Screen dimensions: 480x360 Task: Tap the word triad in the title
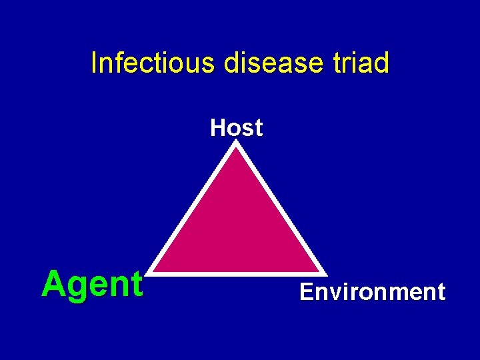361,63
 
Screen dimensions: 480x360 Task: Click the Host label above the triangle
237,127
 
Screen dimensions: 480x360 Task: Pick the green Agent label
92,285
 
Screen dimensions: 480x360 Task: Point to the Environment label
372,292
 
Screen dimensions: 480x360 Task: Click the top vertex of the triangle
237,144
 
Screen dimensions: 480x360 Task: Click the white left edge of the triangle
193,208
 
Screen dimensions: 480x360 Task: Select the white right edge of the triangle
281,208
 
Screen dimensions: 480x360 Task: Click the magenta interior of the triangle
237,227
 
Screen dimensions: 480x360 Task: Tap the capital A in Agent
53,284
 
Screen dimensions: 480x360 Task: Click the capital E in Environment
306,292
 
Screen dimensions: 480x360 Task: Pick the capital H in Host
217,127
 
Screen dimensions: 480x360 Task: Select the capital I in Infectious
94,63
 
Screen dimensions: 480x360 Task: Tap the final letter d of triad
381,63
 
